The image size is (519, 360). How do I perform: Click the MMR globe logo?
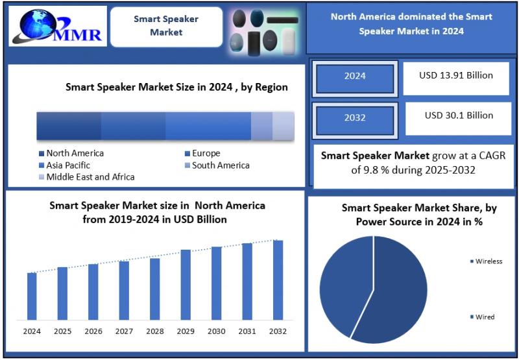click(x=57, y=26)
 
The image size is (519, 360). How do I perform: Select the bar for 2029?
click(x=186, y=285)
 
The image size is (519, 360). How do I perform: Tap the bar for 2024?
click(x=32, y=296)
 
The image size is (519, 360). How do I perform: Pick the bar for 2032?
click(x=278, y=280)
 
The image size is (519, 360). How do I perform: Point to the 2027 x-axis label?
click(x=124, y=331)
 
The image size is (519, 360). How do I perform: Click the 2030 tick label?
click(x=217, y=331)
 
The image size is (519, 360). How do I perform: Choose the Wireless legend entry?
click(x=486, y=261)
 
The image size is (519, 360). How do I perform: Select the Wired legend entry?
click(x=482, y=317)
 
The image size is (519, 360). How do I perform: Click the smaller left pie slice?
click(x=346, y=287)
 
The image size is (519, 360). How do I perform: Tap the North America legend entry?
click(x=71, y=153)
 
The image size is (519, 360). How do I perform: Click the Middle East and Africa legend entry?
click(x=87, y=177)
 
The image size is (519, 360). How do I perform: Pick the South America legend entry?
click(x=217, y=165)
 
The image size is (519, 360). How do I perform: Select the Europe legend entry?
click(x=202, y=153)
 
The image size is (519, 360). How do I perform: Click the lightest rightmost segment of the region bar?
click(x=284, y=126)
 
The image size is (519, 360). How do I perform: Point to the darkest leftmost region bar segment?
click(x=69, y=126)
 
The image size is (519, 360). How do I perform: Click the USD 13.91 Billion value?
click(x=456, y=75)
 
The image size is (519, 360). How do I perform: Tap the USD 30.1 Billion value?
click(x=459, y=115)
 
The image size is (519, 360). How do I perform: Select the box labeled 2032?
click(x=355, y=118)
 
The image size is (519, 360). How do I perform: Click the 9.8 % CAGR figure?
click(x=374, y=170)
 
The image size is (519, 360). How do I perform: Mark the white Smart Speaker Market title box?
click(x=167, y=27)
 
